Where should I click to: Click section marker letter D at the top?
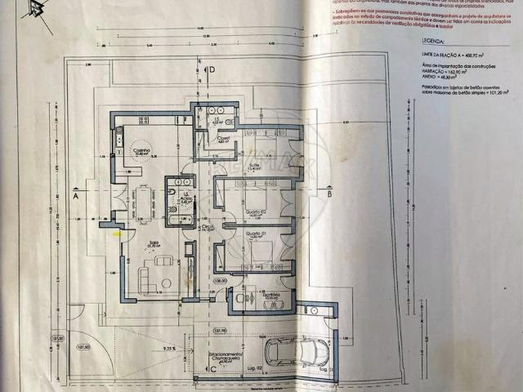(211, 70)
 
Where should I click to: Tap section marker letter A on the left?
(74, 196)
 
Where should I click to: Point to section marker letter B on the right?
(329, 195)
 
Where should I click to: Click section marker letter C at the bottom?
(212, 368)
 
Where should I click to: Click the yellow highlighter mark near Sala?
(117, 234)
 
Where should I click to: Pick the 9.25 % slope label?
(169, 349)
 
